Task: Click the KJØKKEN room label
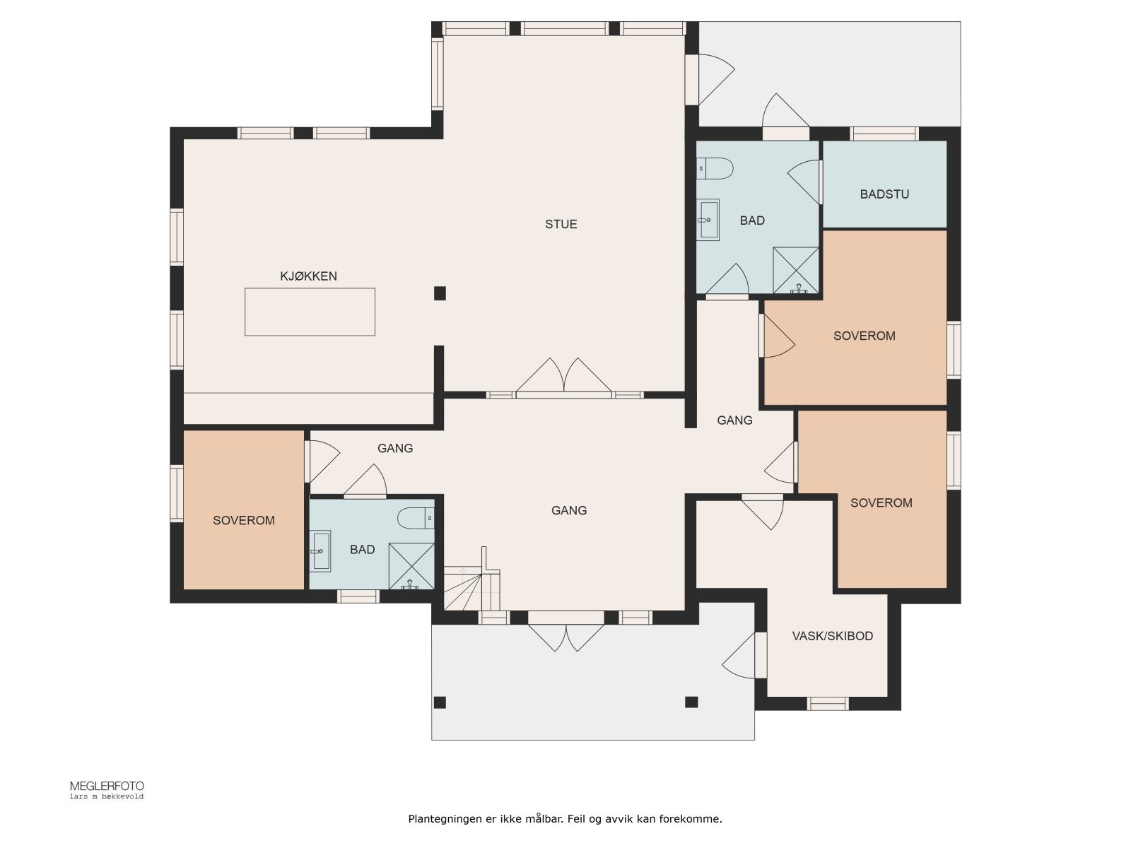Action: tap(308, 276)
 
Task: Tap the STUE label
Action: tap(561, 224)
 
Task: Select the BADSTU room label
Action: tap(884, 194)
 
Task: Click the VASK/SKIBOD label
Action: tap(832, 636)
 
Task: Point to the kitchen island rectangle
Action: tap(310, 312)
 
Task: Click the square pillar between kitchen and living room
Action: tap(440, 293)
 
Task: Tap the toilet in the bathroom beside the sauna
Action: tap(715, 168)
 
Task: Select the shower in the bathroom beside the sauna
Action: tap(795, 271)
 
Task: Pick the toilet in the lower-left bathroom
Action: tap(416, 518)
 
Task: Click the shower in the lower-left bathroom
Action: tap(411, 566)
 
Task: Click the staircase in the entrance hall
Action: tap(471, 585)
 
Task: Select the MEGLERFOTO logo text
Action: tap(107, 787)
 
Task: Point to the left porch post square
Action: tap(440, 702)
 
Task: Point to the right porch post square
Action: tap(691, 702)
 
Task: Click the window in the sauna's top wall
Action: tap(884, 134)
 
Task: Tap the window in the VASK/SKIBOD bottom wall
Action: tap(827, 703)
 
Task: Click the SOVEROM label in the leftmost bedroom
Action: tap(244, 521)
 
